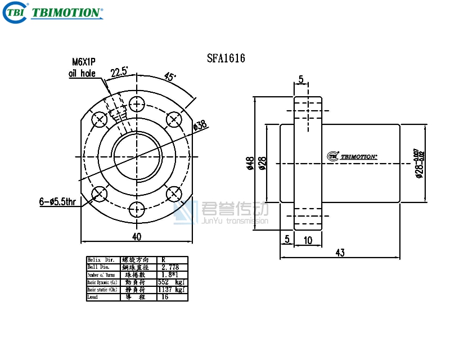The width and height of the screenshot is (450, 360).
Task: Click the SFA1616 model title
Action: click(226, 58)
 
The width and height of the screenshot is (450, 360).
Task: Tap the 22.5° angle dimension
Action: click(119, 72)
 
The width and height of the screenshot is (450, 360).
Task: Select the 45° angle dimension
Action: click(170, 76)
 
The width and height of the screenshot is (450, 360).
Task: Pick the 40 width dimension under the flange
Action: click(136, 236)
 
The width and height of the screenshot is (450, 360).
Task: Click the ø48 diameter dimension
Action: click(250, 163)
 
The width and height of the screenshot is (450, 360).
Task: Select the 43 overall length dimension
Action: click(340, 253)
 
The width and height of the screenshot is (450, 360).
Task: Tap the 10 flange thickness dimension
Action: click(307, 240)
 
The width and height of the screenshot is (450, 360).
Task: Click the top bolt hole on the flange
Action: click(137, 104)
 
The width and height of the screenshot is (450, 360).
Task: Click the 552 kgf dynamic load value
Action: click(172, 282)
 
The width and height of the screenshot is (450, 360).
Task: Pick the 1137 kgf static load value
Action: click(172, 289)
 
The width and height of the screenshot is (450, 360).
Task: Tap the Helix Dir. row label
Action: click(101, 260)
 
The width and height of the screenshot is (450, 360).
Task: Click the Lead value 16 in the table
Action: click(165, 296)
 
